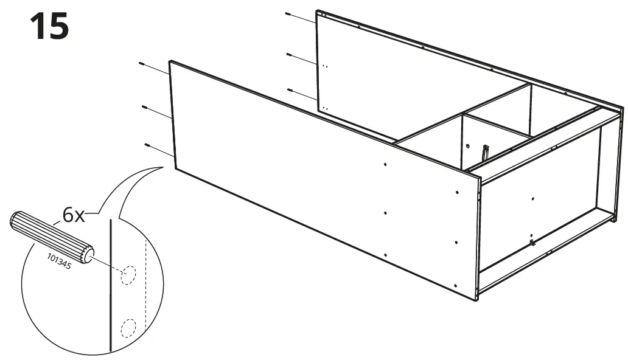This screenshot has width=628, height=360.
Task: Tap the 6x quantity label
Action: point(74,215)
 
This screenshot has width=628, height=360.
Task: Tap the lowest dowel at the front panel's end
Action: point(148,145)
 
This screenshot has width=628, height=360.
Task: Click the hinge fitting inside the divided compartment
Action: point(485,153)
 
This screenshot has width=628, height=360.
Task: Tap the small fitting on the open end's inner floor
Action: point(532,243)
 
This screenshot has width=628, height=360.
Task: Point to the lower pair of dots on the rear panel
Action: point(326,108)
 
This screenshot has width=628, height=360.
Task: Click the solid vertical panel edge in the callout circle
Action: point(110,286)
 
